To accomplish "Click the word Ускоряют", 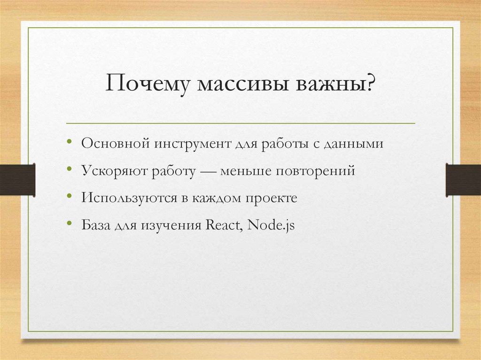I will (114, 171).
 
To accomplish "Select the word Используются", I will (129, 198).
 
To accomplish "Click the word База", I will (95, 225).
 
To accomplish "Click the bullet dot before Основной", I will (70, 141).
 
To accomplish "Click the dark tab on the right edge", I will (463, 179).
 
